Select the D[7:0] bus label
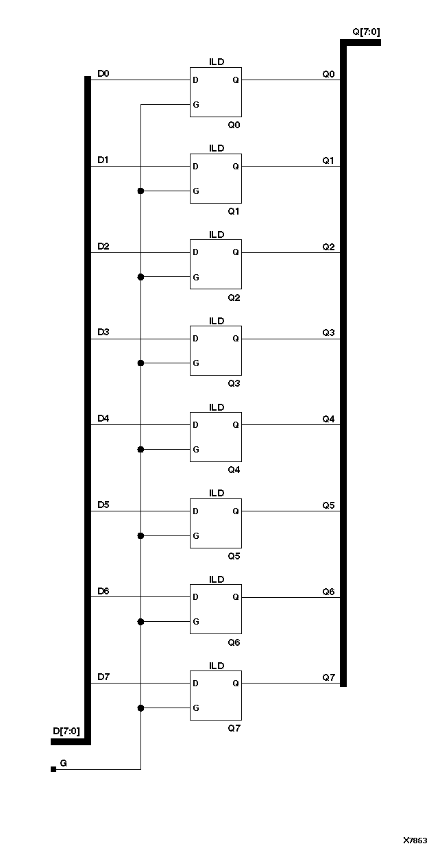(x=66, y=732)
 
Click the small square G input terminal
(x=53, y=769)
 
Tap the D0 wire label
(x=103, y=73)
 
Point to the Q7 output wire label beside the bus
(x=329, y=677)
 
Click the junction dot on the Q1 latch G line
(x=140, y=191)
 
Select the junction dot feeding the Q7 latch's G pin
(x=140, y=708)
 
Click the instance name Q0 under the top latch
(x=234, y=125)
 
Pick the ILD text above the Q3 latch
(x=217, y=321)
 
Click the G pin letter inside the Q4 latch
(x=196, y=450)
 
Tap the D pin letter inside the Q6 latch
(x=196, y=597)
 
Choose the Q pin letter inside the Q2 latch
(x=236, y=252)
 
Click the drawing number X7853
(x=415, y=840)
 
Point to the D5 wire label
(x=103, y=505)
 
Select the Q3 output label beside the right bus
(x=329, y=333)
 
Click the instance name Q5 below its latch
(x=234, y=556)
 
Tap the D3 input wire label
(x=103, y=332)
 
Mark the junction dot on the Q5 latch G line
(x=140, y=535)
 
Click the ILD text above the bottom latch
(x=217, y=666)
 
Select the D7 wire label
(x=103, y=677)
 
